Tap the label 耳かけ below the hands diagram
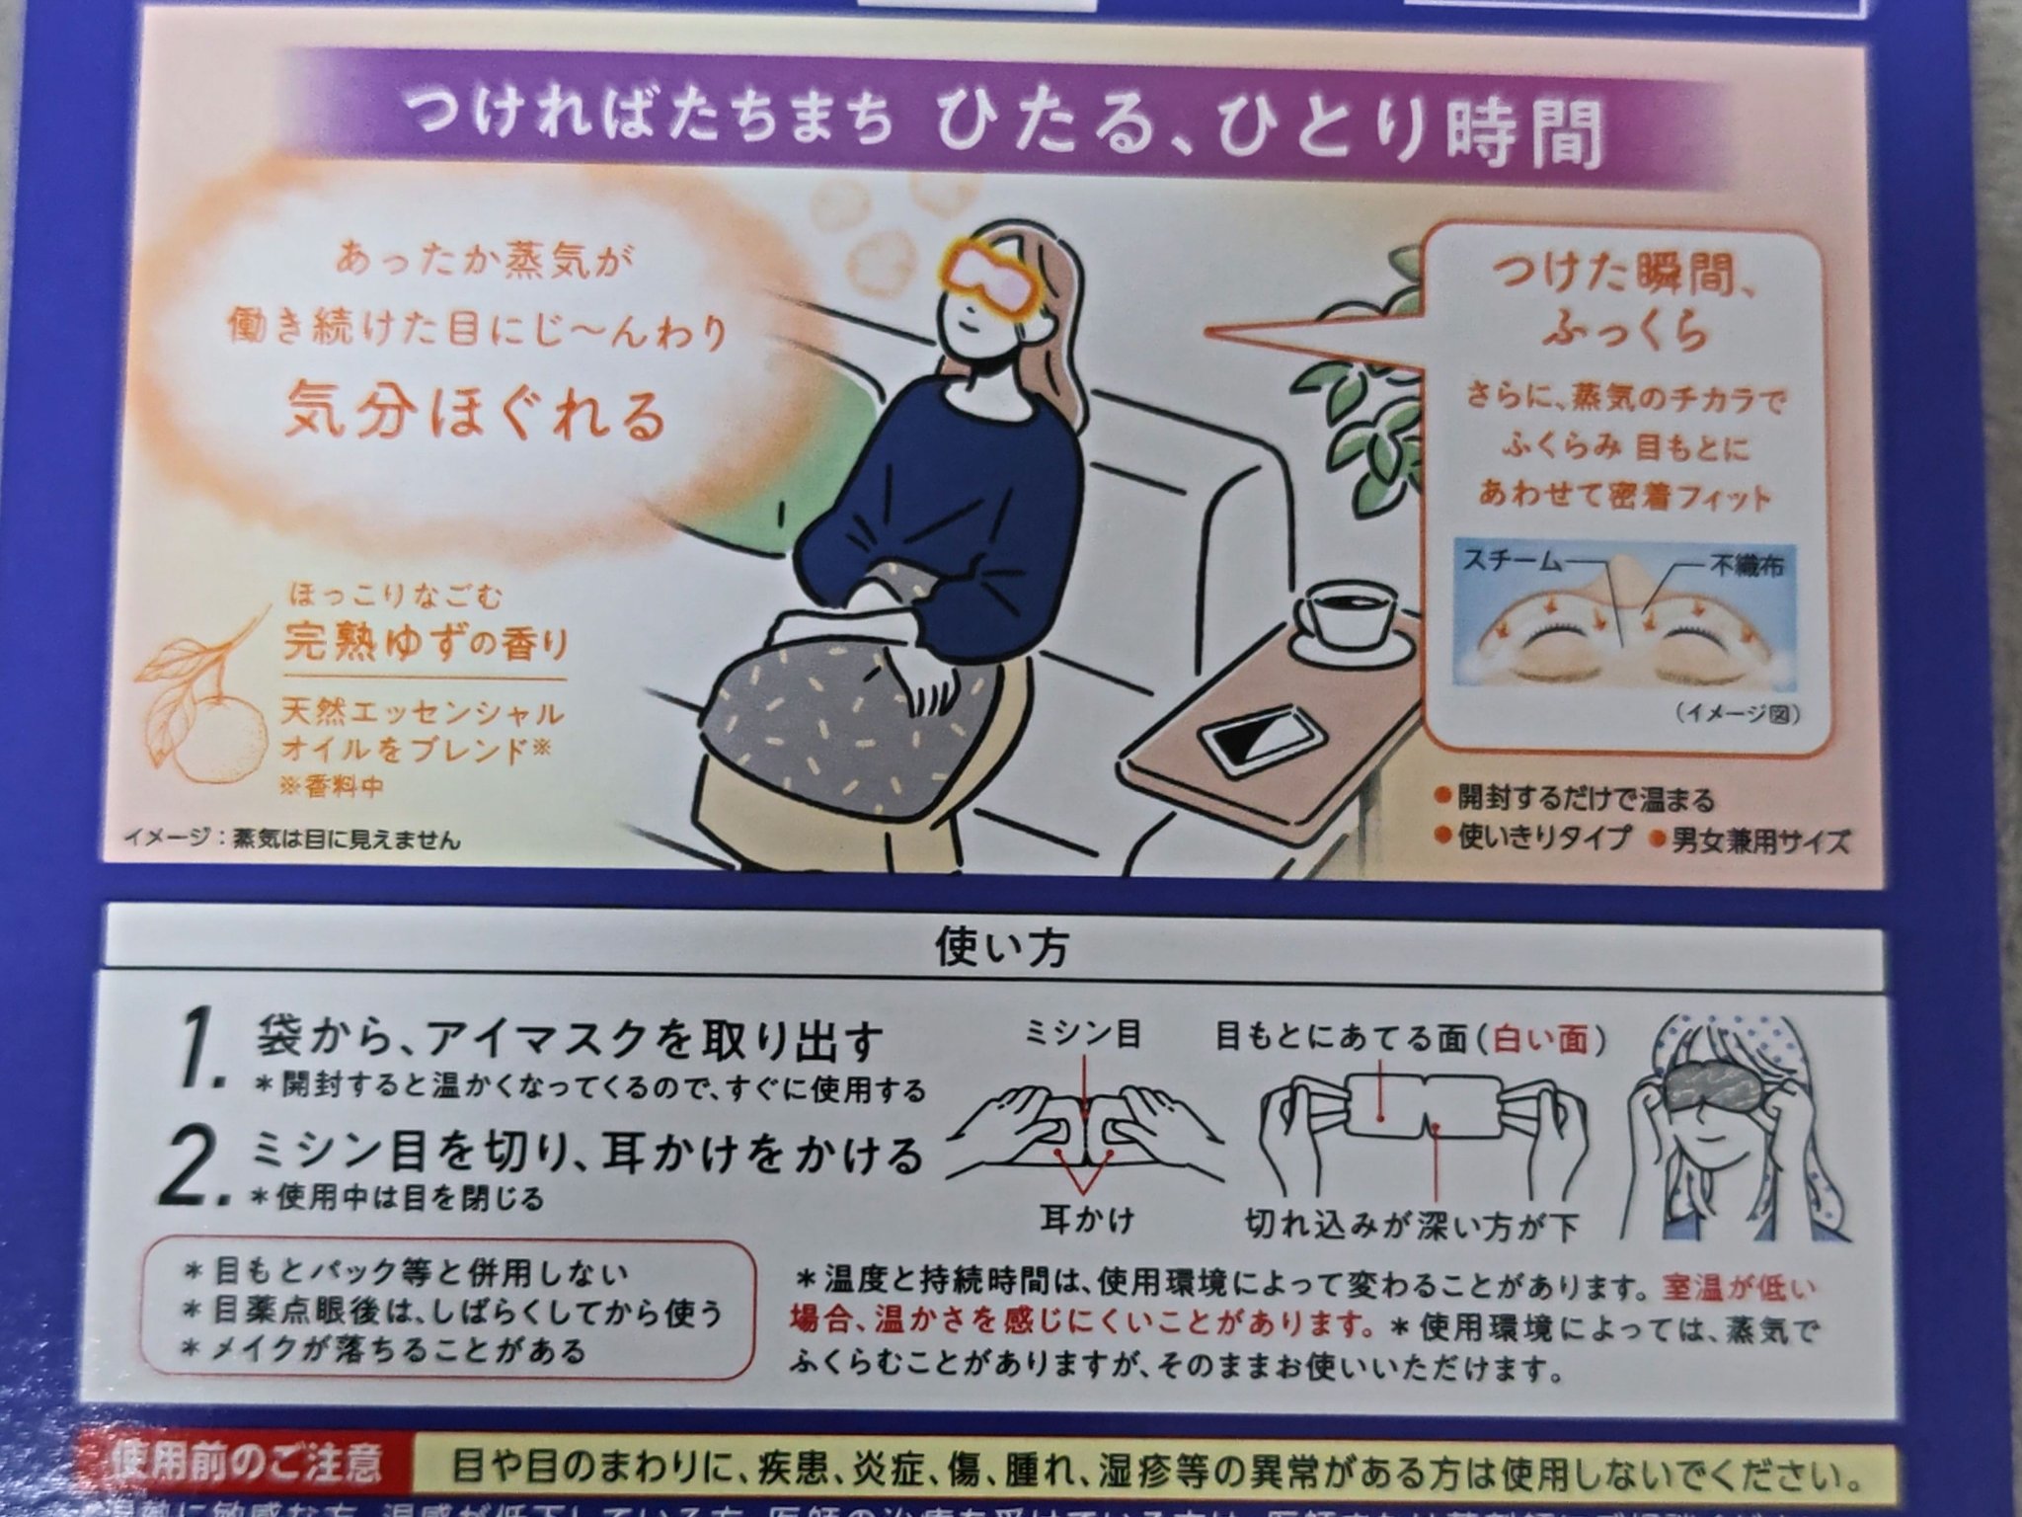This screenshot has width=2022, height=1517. click(1086, 1221)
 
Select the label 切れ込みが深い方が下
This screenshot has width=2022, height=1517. click(1412, 1226)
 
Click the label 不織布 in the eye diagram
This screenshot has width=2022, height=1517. click(1747, 565)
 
